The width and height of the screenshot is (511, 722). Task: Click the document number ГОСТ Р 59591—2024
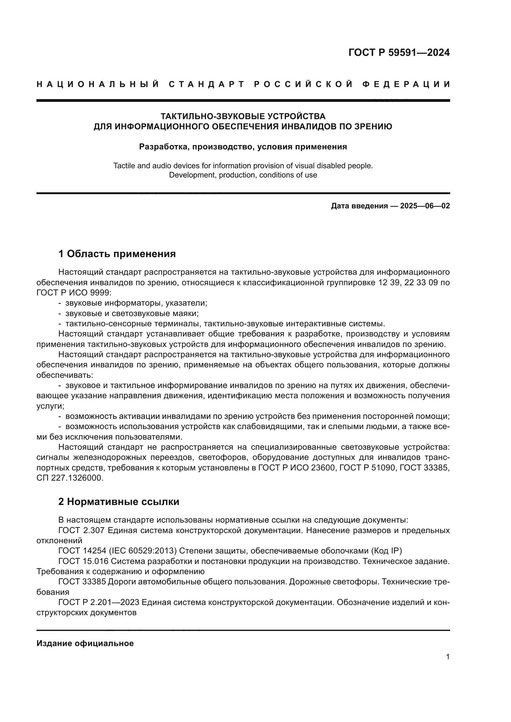[x=399, y=52]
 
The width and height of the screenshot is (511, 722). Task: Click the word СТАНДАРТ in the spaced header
[x=207, y=84]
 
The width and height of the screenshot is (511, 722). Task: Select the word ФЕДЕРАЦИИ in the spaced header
[x=406, y=84]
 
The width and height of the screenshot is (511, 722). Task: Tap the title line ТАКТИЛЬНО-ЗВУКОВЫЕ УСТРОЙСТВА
[x=243, y=116]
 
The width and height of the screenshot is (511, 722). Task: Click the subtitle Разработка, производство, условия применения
[x=243, y=147]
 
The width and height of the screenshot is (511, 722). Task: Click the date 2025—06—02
[x=425, y=206]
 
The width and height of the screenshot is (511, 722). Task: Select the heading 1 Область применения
[x=117, y=254]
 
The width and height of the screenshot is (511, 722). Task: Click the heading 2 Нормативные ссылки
[x=119, y=502]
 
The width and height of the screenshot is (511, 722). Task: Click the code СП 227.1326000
[x=70, y=478]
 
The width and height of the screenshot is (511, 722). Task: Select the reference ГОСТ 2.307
[x=81, y=531]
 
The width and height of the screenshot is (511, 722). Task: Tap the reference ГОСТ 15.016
[x=83, y=561]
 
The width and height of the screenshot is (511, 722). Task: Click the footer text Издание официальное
[x=85, y=643]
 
